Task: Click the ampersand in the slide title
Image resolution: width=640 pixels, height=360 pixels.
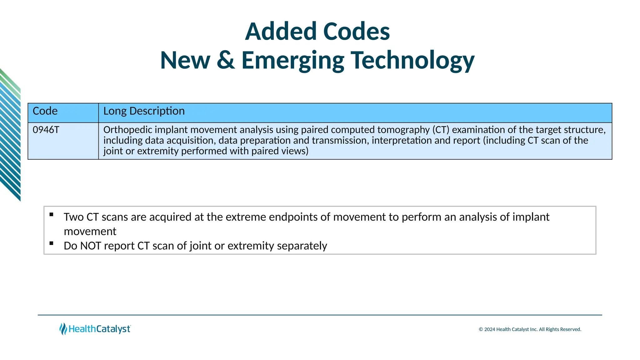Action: point(226,60)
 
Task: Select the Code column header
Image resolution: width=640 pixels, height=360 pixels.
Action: point(45,111)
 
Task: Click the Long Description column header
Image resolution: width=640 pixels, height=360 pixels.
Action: point(144,111)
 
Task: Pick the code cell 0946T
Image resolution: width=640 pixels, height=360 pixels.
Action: point(46,130)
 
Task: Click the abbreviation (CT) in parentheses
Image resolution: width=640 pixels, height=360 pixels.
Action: point(441,130)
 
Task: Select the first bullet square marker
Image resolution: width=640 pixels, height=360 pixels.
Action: point(52,214)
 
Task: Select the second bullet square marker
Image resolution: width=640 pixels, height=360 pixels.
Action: point(52,243)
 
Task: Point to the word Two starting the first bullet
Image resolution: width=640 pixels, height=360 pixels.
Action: point(73,217)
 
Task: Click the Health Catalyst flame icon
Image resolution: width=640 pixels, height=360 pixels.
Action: point(63,329)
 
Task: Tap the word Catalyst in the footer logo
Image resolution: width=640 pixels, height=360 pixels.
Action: point(113,329)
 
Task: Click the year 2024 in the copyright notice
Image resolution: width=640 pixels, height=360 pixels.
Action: point(490,329)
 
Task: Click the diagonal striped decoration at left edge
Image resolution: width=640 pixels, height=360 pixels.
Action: point(10,134)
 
